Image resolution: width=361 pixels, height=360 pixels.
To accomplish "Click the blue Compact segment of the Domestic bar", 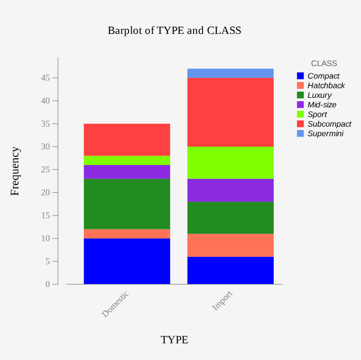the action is point(127,261).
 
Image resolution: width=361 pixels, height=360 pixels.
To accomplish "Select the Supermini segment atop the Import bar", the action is point(230,73).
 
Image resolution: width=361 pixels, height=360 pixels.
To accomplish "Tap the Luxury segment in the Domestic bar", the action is point(127,204).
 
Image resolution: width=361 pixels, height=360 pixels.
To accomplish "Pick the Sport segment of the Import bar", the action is point(230,163).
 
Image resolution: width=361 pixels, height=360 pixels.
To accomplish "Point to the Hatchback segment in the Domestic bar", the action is point(127,234).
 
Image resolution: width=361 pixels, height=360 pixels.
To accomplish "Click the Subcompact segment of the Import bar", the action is point(230,112).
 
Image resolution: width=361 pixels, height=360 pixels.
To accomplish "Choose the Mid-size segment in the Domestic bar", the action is point(127,172).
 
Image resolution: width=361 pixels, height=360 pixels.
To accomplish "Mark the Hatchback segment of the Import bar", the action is point(230,246).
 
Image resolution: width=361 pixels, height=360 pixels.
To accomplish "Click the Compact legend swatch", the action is point(300,76).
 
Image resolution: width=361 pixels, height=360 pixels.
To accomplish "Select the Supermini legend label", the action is point(325,133).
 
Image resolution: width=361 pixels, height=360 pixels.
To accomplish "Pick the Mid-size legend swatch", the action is point(300,104).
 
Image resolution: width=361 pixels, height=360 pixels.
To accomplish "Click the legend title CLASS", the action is point(324,63).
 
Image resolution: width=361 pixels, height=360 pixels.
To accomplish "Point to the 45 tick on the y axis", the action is point(55,78).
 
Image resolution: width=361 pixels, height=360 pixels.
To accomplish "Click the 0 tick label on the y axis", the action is point(48,284).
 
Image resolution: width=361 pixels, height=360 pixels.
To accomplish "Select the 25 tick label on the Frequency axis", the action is point(46,169).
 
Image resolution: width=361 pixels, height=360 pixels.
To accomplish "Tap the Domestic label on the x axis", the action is point(115,304).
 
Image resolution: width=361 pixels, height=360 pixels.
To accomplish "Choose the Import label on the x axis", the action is point(222,301).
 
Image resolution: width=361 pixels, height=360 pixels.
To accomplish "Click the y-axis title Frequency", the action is point(15,171).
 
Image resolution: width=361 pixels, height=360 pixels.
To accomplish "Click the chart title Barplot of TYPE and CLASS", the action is point(175,31).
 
